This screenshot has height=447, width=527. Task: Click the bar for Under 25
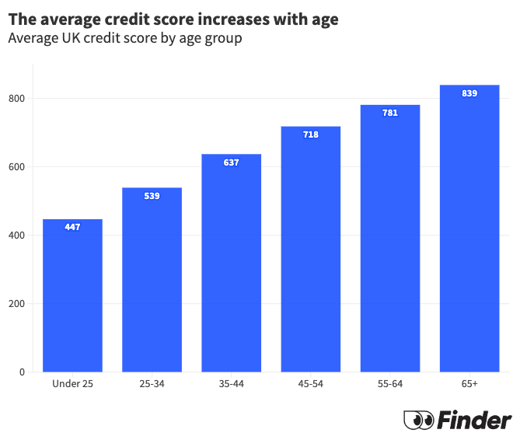72,295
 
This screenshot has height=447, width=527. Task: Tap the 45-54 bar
311,249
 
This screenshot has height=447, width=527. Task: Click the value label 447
72,227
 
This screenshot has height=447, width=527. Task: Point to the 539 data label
152,196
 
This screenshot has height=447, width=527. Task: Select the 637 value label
231,162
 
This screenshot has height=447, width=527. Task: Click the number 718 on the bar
311,134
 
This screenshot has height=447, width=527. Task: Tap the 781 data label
390,113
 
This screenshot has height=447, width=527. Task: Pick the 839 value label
469,93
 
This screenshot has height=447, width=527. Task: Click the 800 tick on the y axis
17,99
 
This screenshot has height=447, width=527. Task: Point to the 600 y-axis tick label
17,167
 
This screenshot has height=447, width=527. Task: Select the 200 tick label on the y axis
17,304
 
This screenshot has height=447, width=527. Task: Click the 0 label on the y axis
23,372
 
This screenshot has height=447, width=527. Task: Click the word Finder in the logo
474,421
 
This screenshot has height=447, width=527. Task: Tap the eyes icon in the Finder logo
419,421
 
